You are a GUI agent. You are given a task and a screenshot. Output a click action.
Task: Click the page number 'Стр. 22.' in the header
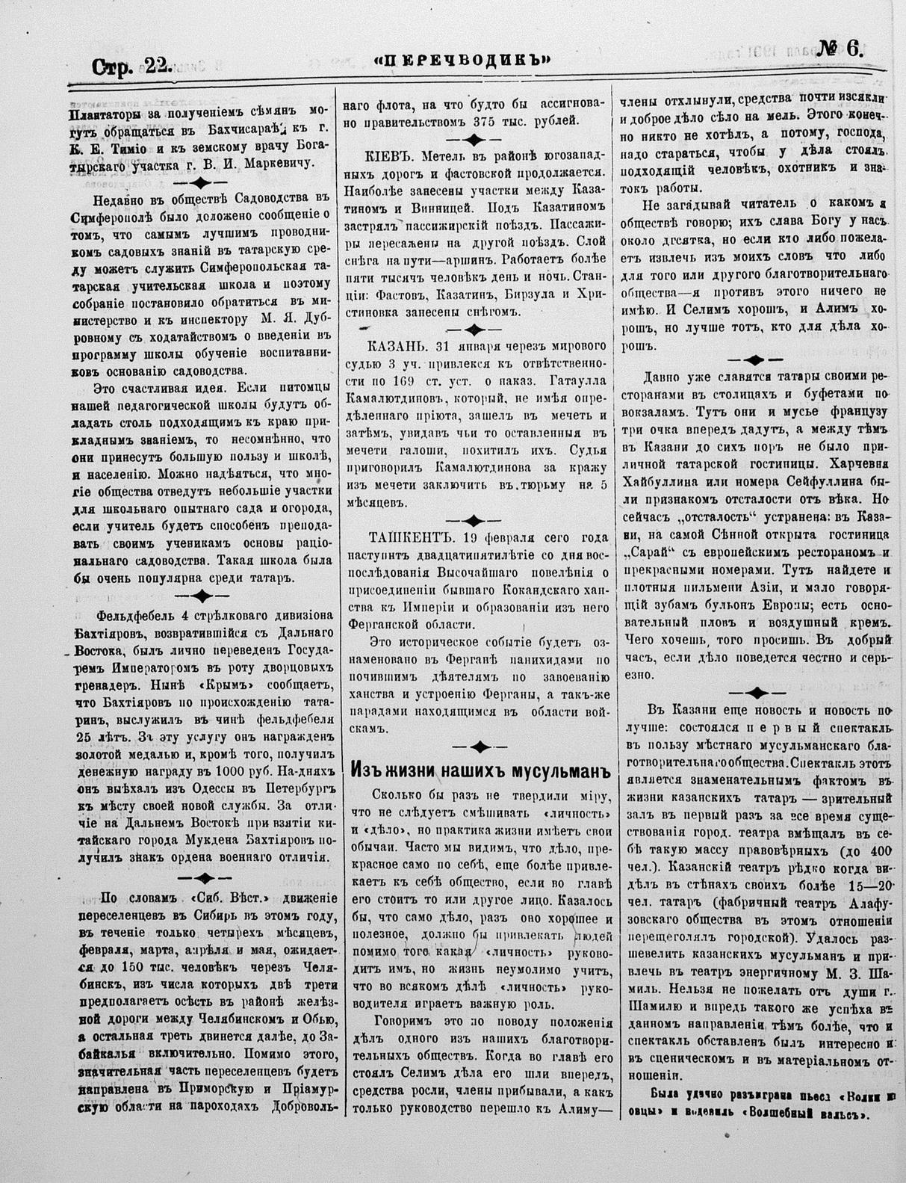(131, 67)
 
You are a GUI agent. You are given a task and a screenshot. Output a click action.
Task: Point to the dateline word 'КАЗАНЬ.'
(396, 348)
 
